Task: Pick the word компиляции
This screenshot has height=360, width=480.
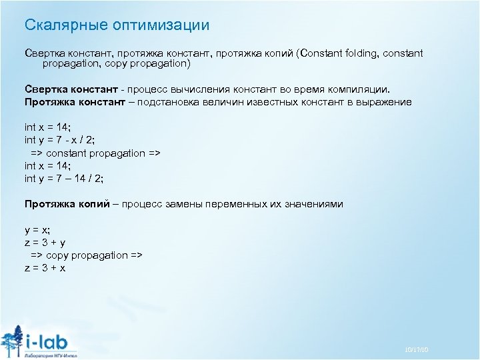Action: [360, 89]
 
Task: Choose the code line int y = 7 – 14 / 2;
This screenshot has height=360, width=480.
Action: [64, 178]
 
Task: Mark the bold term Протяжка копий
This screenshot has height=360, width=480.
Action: [67, 204]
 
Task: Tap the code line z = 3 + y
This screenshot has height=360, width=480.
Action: [45, 243]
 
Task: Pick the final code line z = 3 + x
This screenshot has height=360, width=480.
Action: [45, 268]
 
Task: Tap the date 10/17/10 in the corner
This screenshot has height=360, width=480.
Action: [416, 350]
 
